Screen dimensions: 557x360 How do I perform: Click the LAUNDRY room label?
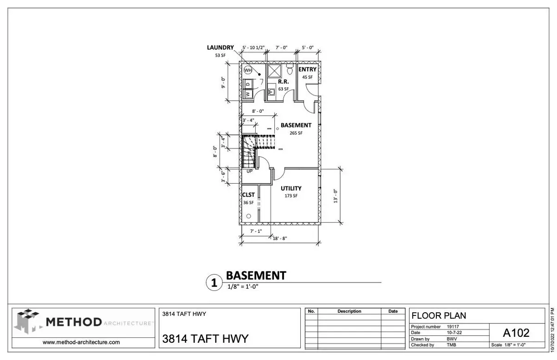coord(220,47)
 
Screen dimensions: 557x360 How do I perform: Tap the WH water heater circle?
coord(248,71)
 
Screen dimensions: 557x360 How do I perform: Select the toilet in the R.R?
coord(290,69)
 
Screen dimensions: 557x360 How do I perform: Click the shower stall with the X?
coord(274,71)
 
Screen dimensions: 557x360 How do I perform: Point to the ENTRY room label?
coord(307,69)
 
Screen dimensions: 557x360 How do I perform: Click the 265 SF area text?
coord(296,133)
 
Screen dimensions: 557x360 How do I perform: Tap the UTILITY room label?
coord(291,188)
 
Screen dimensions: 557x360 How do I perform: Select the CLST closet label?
coord(248,195)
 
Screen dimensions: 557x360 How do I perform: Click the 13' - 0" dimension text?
coord(336,196)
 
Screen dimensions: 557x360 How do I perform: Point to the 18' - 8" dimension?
coord(280,238)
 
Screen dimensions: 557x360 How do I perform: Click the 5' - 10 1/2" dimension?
coord(253,47)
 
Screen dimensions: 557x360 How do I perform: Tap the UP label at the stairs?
coord(249,171)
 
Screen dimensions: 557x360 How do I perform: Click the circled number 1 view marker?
coord(214,283)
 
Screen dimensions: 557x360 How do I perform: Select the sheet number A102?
coord(516,333)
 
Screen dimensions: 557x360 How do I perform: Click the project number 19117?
coord(453,327)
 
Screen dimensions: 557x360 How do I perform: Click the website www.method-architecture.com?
coord(81,342)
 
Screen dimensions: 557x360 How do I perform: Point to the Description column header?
coord(349,311)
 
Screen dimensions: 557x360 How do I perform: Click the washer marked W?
coord(248,94)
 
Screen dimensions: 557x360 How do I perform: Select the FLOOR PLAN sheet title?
coord(439,316)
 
